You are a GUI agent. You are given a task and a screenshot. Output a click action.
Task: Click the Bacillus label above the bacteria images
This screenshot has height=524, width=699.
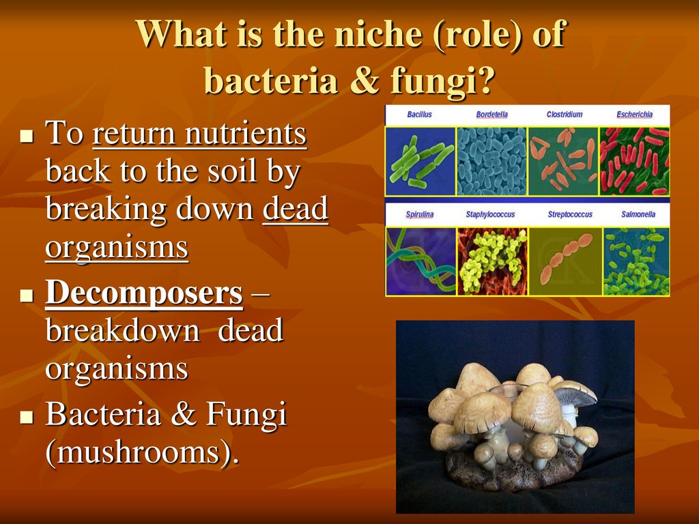[419, 115]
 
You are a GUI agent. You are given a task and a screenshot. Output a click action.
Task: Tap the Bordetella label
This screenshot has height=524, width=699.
[491, 115]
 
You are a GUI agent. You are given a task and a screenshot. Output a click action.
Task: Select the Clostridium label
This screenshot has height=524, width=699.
[565, 115]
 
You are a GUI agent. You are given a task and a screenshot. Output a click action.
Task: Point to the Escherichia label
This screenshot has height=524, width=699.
[634, 115]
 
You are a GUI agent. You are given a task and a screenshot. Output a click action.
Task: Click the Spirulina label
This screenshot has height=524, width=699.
[420, 214]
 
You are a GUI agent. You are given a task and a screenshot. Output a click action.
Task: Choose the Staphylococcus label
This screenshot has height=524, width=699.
[490, 214]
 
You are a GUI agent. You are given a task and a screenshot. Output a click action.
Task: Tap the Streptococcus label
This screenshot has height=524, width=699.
[570, 214]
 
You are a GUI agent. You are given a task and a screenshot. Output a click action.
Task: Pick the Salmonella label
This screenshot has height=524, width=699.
[638, 214]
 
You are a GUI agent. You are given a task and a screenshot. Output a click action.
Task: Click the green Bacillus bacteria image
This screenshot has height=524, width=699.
[420, 161]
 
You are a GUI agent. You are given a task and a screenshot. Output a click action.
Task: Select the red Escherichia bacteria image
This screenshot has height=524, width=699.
[634, 161]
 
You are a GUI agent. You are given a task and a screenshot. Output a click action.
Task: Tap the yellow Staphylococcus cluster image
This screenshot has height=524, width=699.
[492, 261]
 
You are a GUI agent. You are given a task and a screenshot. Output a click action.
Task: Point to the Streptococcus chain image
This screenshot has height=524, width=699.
[565, 261]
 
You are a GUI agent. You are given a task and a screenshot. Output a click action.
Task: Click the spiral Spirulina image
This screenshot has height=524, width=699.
[420, 261]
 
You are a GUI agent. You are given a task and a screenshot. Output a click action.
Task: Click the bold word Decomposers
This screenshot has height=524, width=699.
[144, 293]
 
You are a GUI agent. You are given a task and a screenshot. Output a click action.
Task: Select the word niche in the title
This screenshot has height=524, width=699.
[377, 34]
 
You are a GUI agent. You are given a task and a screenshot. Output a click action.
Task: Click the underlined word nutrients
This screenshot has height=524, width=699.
[246, 133]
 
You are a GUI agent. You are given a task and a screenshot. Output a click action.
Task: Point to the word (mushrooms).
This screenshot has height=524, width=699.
[142, 453]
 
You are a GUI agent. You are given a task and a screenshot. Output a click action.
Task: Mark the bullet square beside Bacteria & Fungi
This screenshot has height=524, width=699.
[27, 417]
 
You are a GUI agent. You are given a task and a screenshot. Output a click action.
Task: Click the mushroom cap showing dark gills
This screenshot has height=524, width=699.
[574, 394]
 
